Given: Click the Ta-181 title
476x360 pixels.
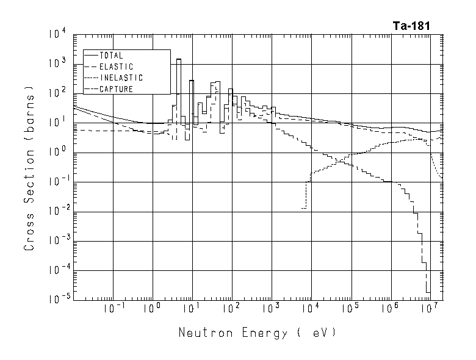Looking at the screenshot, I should [411, 26].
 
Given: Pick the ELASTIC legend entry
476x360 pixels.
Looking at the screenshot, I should [115, 67].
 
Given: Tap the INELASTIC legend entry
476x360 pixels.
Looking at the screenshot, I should [120, 78].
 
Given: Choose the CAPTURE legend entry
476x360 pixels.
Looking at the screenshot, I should [115, 90].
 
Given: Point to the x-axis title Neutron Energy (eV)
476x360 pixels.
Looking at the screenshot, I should [257, 333].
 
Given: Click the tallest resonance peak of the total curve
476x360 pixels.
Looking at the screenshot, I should [179, 60].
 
